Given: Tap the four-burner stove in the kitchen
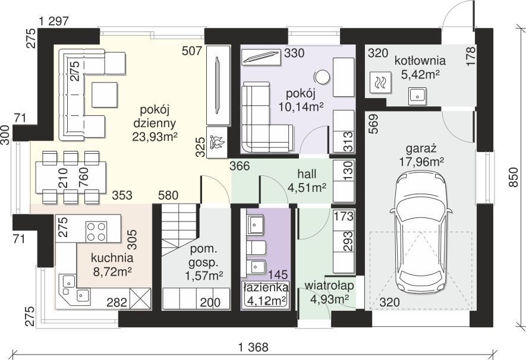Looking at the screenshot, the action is click(x=97, y=231).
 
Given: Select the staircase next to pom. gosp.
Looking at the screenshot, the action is click(x=179, y=230).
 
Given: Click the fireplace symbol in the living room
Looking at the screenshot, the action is click(x=217, y=142).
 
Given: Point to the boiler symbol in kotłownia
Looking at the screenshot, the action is click(x=380, y=83).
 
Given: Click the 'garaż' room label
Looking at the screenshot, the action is click(x=421, y=148).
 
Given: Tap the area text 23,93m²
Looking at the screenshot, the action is click(x=155, y=137).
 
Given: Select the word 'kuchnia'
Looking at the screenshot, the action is click(x=112, y=258).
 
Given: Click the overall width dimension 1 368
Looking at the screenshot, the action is click(x=253, y=348).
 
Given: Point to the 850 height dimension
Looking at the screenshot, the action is click(x=514, y=177).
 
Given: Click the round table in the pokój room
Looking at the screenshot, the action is click(x=322, y=77).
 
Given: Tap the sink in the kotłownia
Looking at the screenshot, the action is click(x=417, y=96).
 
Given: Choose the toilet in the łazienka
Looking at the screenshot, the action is click(x=256, y=247).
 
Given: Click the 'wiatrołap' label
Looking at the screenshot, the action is click(x=329, y=286).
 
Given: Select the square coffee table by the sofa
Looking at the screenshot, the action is click(x=105, y=94).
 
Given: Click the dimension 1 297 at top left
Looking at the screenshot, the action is click(x=53, y=21).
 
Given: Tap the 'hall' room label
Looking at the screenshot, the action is click(x=307, y=173).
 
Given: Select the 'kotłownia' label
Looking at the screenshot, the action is click(x=420, y=61).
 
